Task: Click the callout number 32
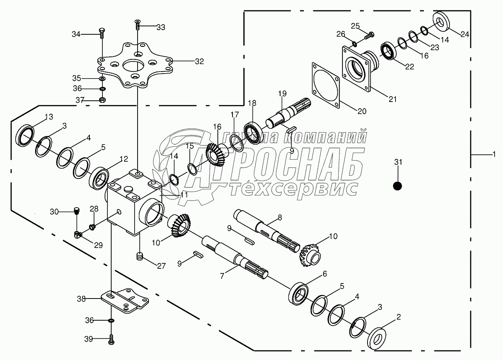point(199,61)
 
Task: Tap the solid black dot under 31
point(398,186)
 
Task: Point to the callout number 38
point(82,299)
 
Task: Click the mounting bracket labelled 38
point(125,301)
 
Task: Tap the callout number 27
point(161,266)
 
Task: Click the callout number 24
point(465,35)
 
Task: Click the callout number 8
point(280,217)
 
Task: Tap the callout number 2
point(398,317)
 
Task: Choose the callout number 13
point(49,117)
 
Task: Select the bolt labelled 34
point(101,33)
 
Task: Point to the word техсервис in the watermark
point(294,188)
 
